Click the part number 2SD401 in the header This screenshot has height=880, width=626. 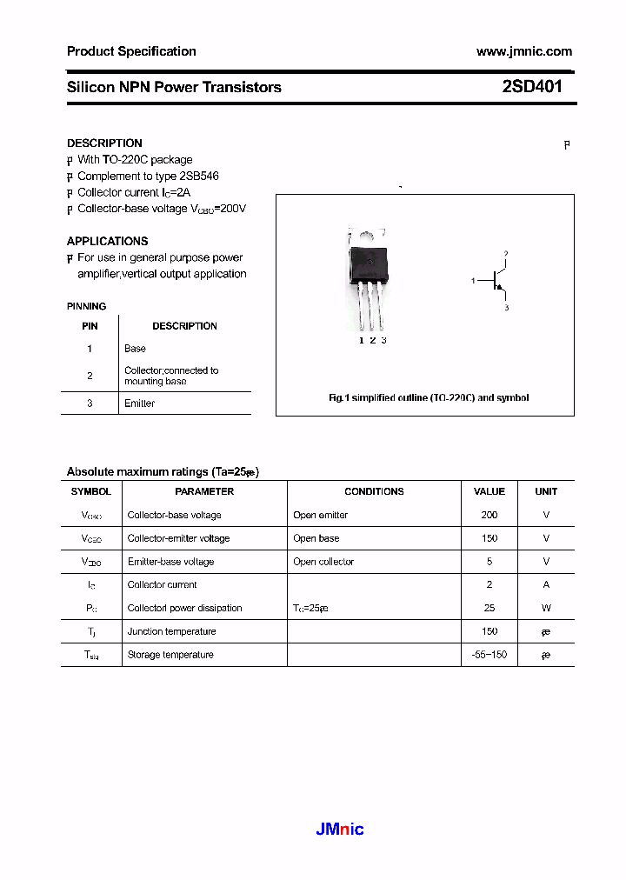tap(532, 87)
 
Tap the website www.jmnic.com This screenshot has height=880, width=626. tap(523, 51)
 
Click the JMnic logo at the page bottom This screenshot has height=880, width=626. tap(339, 829)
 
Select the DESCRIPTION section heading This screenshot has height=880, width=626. tap(104, 143)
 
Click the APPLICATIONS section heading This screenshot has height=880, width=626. tap(107, 241)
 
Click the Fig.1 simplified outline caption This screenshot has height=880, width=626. tap(428, 397)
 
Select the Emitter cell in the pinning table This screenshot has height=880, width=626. tap(139, 403)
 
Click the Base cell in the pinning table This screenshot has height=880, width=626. tap(135, 349)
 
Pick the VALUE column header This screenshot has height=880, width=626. tap(489, 491)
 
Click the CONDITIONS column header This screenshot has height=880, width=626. tap(374, 491)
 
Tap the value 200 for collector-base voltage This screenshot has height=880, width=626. tap(489, 515)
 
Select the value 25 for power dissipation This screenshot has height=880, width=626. tap(489, 608)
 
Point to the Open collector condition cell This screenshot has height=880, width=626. tap(323, 562)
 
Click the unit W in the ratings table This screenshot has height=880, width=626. tap(546, 608)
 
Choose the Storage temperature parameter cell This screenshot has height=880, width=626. tap(170, 655)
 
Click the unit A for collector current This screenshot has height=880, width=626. tap(546, 584)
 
